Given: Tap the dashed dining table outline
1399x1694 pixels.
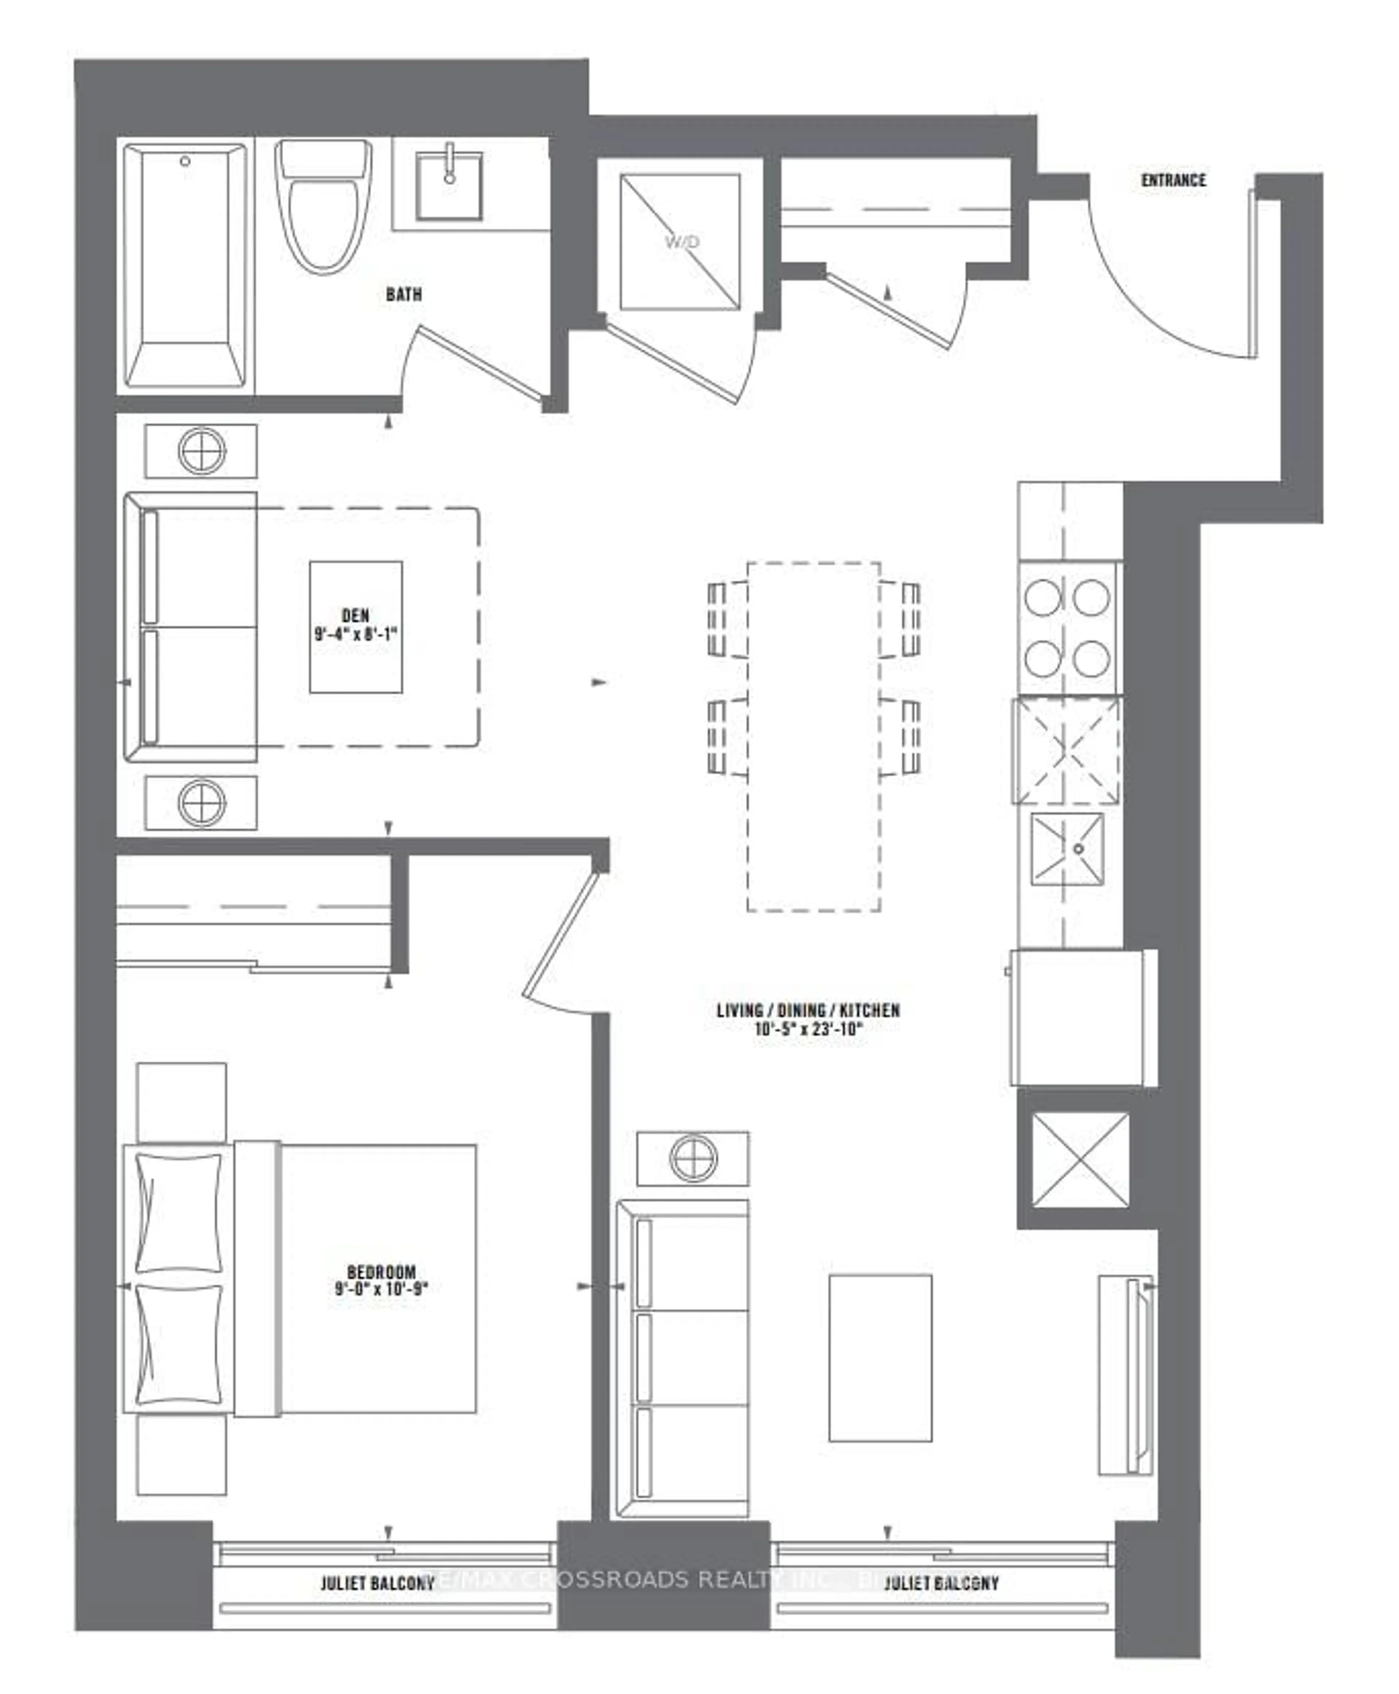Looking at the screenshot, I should point(813,736).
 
